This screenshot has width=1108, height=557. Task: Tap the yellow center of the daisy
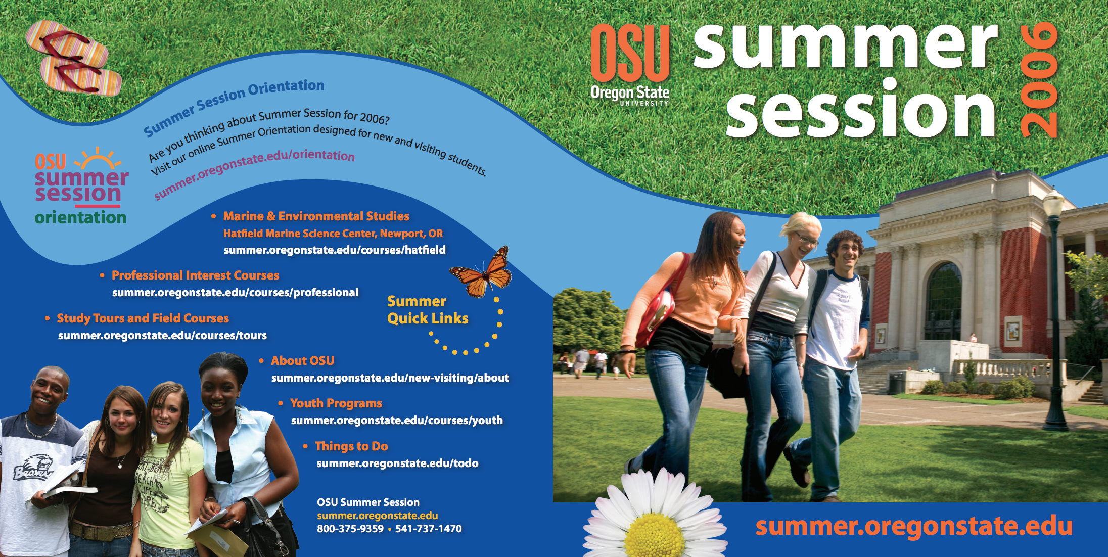tap(655, 536)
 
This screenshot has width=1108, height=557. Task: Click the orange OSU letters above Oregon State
tap(630, 53)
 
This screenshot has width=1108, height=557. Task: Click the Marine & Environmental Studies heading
tap(316, 216)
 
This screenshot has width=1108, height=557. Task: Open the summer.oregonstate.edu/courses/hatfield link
tap(335, 250)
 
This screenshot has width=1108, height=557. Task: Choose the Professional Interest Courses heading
tap(195, 275)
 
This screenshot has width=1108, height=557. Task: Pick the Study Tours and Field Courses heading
tap(143, 318)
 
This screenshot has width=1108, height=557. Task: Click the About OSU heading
tap(303, 361)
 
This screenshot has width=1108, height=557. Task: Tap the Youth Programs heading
tap(336, 403)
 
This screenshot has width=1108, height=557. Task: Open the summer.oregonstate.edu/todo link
tap(397, 463)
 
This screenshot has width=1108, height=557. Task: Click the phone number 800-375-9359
tap(350, 529)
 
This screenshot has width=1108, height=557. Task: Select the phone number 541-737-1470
tap(429, 529)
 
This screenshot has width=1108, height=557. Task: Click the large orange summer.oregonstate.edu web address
tap(914, 526)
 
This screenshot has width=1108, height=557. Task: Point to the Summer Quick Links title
tap(428, 310)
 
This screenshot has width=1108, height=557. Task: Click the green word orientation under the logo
tap(80, 217)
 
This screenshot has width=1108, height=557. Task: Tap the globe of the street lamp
tap(1053, 205)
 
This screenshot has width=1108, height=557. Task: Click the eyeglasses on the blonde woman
tap(807, 238)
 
